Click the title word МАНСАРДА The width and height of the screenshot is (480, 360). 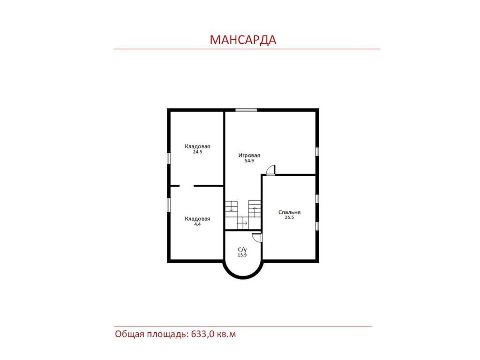(x=243, y=40)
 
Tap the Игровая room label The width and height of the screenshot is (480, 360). (x=249, y=155)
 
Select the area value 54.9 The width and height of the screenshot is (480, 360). (x=249, y=161)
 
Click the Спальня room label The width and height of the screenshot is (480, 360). (x=289, y=212)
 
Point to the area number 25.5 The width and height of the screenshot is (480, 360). (x=289, y=217)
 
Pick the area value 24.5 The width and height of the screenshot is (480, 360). (x=197, y=152)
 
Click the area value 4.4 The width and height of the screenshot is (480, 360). (x=197, y=224)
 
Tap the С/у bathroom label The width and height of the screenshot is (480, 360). (x=242, y=250)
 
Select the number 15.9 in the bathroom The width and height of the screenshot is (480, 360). (x=242, y=255)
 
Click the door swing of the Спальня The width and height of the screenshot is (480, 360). (x=270, y=170)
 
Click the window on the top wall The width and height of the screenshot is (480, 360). (x=246, y=110)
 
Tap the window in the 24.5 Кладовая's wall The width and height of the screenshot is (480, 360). (x=169, y=158)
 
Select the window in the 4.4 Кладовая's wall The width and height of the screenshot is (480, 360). (x=169, y=204)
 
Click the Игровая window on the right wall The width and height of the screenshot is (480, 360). (x=317, y=151)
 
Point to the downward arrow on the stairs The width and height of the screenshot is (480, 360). (x=231, y=208)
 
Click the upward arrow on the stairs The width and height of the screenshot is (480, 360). (x=255, y=211)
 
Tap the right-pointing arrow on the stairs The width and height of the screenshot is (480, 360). (x=242, y=223)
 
